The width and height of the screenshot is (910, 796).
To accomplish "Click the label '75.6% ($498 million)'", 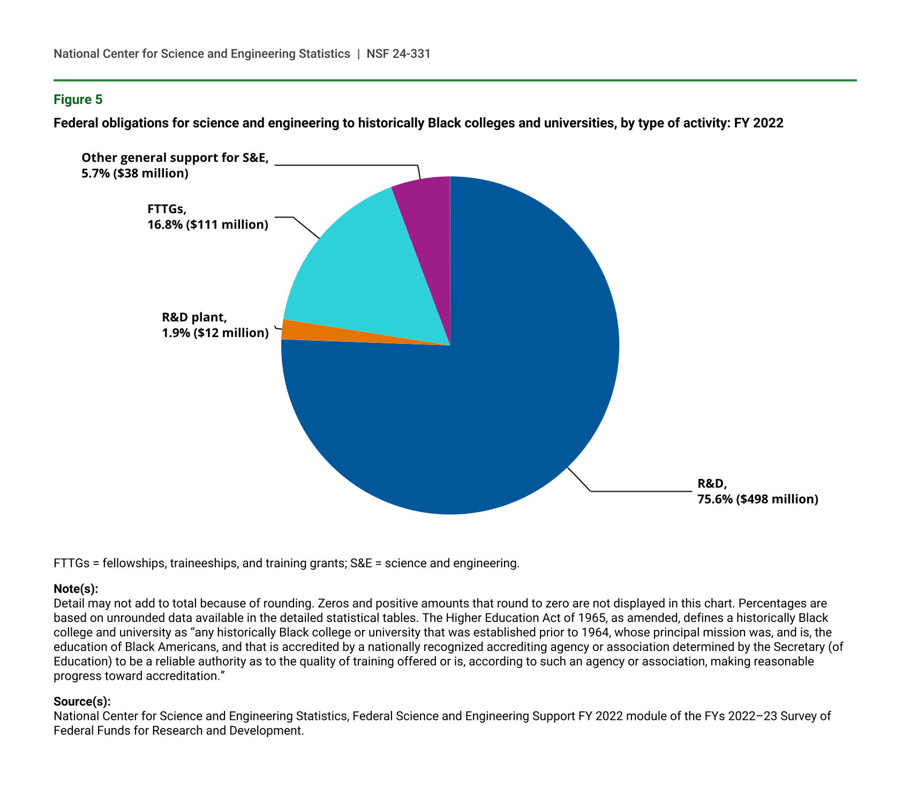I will [x=757, y=500].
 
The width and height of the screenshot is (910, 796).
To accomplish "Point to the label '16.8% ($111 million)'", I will [x=208, y=224].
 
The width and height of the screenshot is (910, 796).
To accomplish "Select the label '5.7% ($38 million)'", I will [x=135, y=174].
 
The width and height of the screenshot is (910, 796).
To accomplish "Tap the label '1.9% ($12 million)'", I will [x=215, y=333].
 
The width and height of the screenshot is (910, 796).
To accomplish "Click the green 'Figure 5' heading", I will [x=78, y=100].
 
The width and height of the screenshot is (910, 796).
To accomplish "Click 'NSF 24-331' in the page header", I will [x=398, y=54].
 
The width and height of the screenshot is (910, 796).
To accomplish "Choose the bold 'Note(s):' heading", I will [x=76, y=589].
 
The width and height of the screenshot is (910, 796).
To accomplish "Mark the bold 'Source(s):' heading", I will [x=82, y=701].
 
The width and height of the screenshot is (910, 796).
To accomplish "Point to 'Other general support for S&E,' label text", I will [x=175, y=158].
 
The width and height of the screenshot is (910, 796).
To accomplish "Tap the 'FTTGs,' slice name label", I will [x=167, y=209].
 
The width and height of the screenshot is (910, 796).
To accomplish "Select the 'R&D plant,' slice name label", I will [x=194, y=317].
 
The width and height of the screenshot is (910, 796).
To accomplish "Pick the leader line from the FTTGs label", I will [x=305, y=227].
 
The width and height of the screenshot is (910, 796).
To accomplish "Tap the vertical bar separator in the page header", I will [x=358, y=54].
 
